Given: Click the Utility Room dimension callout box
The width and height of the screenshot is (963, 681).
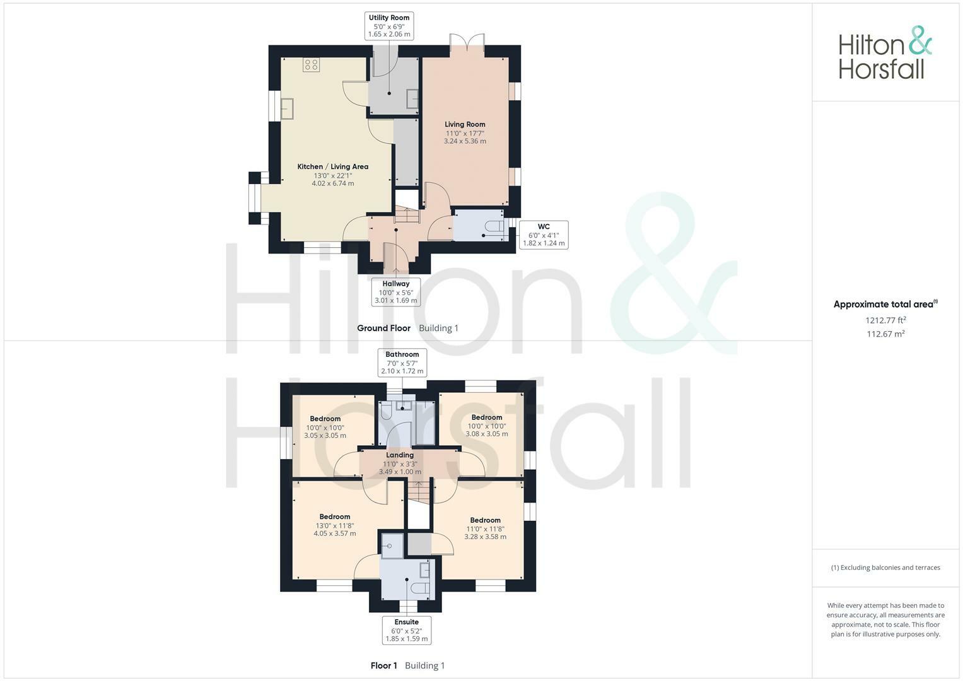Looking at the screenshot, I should (389, 26).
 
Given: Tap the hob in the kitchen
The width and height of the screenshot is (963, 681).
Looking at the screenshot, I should (311, 64).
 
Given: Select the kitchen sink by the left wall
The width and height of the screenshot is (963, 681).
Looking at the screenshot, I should (288, 108).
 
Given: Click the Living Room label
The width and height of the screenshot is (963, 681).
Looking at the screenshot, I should (465, 125).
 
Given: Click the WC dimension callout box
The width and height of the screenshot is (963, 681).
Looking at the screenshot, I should (544, 235).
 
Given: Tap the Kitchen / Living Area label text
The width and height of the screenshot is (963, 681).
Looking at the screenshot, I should (332, 167).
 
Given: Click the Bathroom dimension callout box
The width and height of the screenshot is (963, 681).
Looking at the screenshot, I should (402, 363).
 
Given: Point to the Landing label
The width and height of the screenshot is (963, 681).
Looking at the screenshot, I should (400, 455).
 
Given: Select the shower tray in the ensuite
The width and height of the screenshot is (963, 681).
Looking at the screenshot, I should (392, 545).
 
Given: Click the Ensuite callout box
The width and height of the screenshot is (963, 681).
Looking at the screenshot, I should (407, 630).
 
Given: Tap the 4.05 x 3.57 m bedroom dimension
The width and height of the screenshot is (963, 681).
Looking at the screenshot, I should (334, 533).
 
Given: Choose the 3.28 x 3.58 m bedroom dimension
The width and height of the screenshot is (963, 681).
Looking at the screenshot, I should (485, 537).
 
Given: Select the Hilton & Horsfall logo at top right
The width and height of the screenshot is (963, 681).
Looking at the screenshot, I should (885, 53).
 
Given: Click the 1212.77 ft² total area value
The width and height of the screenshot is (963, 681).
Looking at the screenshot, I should (885, 320).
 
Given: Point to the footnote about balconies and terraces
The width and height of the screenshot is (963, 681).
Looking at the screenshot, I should (885, 567).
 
